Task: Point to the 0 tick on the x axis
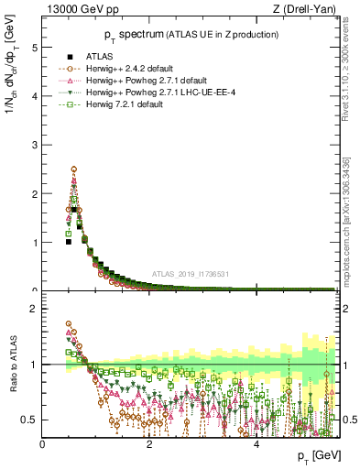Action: [x=42, y=444]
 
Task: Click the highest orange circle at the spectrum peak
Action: [x=73, y=169]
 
